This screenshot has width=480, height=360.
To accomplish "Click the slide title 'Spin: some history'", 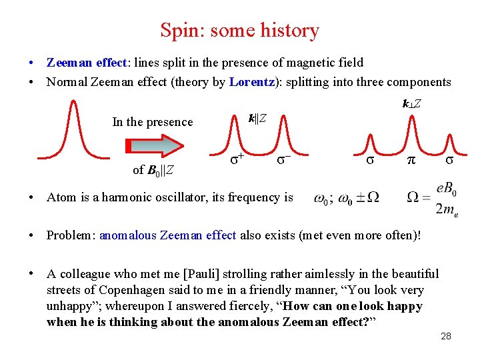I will [239, 31].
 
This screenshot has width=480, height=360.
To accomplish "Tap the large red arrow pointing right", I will [154, 145].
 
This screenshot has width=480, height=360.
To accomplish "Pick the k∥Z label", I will [258, 118].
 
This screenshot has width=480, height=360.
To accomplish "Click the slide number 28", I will [446, 336].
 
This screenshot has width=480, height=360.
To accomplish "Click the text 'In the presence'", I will [152, 121].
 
